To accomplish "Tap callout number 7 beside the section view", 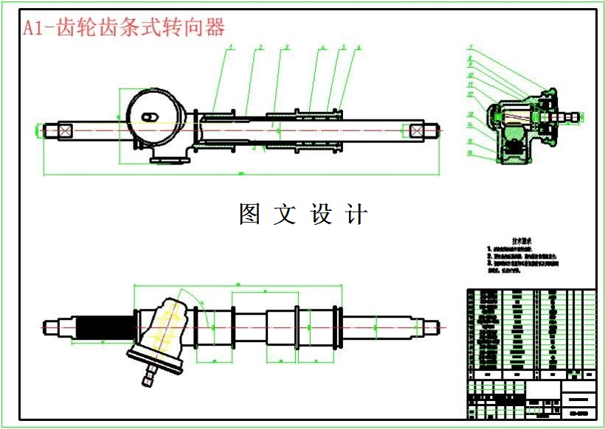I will (469, 49).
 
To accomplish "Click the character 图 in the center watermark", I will (249, 214).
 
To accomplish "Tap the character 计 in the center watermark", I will (356, 214).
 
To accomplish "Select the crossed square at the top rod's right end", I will (418, 130).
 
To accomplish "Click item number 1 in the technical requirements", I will (488, 251).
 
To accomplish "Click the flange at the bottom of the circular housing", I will (166, 159).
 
